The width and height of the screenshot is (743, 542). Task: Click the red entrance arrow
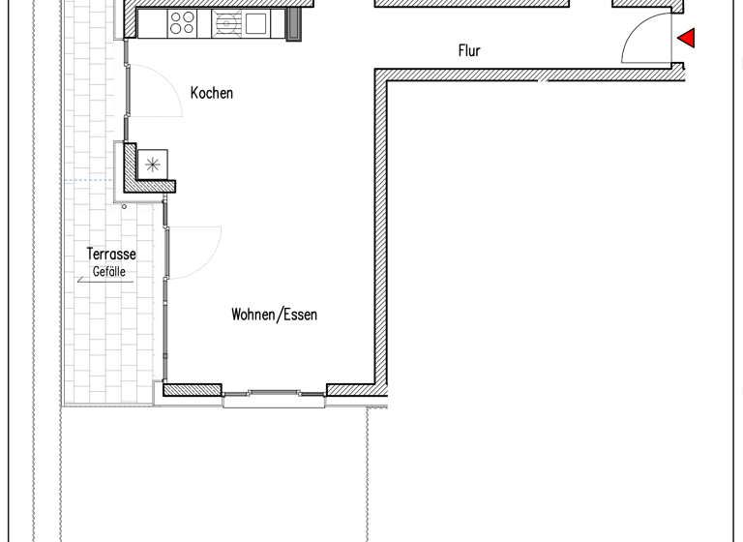687,39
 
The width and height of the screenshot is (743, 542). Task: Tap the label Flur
469,51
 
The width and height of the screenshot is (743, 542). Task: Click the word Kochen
212,94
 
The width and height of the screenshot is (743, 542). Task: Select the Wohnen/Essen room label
274,315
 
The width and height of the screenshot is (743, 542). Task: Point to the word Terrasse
111,255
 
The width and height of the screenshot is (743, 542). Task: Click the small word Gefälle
109,272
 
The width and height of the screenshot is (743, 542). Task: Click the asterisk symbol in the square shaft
152,165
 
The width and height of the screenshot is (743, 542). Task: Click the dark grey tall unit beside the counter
294,24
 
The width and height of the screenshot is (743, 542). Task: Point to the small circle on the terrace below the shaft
124,206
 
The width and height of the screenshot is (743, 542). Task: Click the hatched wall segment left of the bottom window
193,390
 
